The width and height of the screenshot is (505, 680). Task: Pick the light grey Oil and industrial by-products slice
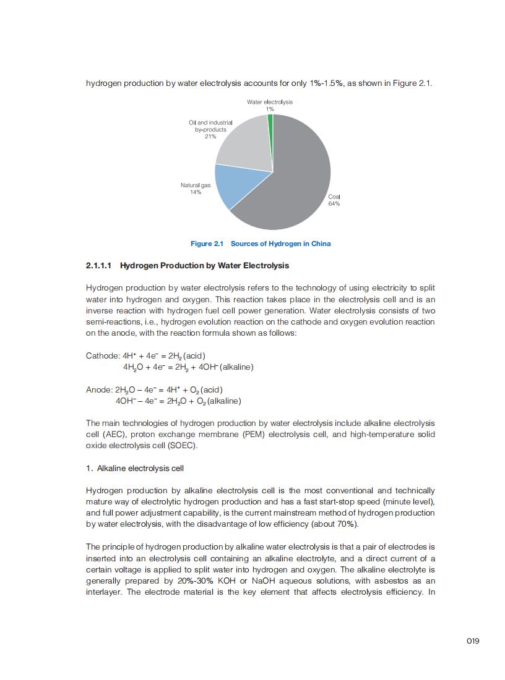(244, 145)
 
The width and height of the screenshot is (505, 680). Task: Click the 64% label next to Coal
(334, 203)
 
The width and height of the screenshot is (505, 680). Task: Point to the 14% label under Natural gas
(196, 192)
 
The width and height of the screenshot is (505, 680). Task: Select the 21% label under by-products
(210, 137)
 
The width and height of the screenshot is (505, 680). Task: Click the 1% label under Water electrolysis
(270, 109)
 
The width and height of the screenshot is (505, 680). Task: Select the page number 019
(473, 640)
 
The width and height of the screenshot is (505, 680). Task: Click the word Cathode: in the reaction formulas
(103, 356)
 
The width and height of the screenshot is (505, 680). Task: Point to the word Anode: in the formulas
(99, 390)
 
